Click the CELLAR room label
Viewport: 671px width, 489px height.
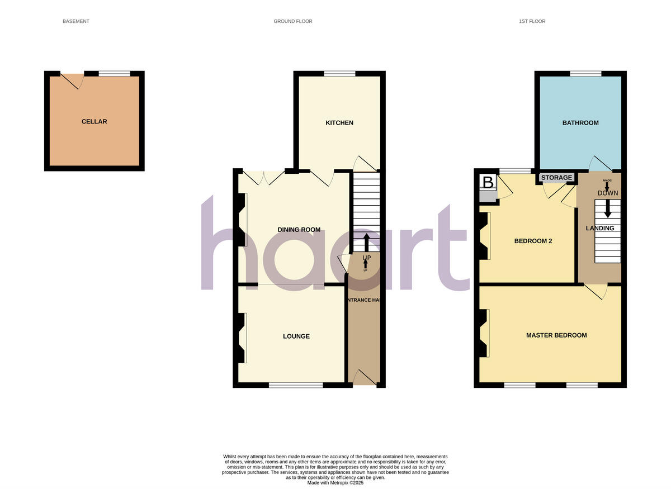[94, 122]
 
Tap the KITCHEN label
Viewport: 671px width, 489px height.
[339, 123]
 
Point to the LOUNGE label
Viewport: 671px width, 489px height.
[296, 336]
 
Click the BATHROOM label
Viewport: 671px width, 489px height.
[580, 123]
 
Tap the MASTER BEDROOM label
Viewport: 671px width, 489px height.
[556, 335]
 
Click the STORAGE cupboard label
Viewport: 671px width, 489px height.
[557, 178]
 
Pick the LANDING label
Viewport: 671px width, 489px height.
[600, 228]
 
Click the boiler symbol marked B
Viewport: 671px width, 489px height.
[488, 183]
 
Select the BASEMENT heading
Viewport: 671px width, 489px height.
[76, 21]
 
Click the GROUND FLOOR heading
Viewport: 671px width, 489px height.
[293, 21]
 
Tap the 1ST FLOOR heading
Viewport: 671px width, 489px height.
[531, 21]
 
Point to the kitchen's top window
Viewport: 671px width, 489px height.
[339, 73]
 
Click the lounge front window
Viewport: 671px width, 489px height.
[296, 385]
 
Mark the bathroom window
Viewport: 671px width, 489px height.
[585, 73]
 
